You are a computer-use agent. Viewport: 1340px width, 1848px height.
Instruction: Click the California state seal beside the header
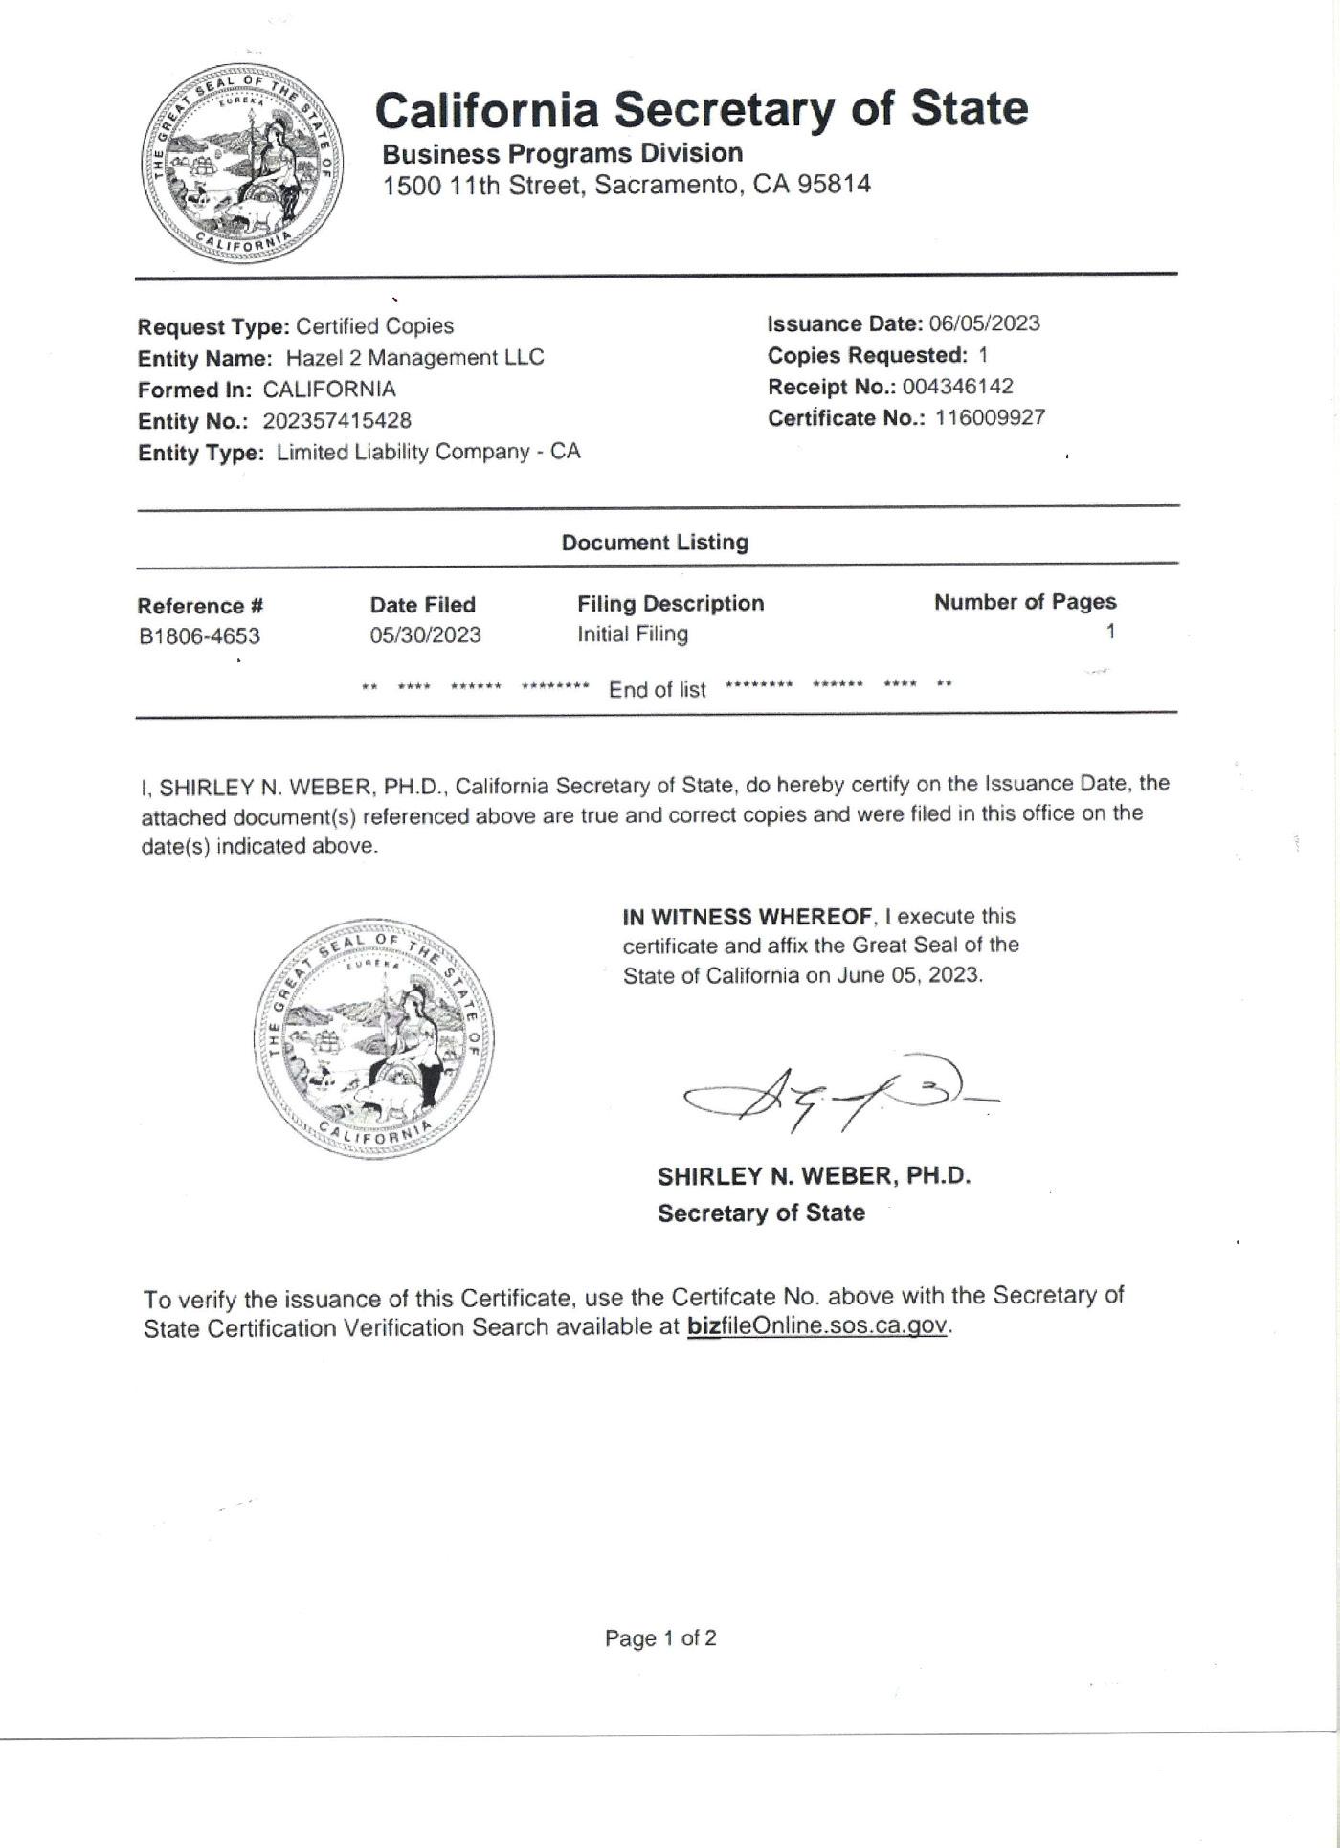point(241,165)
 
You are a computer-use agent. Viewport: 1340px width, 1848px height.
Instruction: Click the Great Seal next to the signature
point(374,1040)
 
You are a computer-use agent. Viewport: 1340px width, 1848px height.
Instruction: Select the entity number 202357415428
point(337,421)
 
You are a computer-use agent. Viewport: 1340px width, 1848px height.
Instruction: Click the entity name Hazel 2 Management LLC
point(415,358)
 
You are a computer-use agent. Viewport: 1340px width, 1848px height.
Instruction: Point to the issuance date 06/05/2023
point(984,323)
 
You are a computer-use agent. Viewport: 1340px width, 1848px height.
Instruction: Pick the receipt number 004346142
point(957,387)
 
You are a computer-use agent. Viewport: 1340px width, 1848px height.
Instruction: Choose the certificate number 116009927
point(990,418)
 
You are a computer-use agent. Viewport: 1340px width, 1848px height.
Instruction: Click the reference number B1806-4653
point(199,636)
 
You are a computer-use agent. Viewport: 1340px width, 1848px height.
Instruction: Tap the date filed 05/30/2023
point(425,635)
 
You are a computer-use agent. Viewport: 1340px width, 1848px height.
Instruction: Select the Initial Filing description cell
point(632,635)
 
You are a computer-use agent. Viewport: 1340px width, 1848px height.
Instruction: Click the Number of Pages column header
point(1025,602)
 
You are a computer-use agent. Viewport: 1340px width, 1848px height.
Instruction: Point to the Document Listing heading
point(655,543)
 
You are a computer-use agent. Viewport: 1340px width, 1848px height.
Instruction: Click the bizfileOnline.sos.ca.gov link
point(816,1326)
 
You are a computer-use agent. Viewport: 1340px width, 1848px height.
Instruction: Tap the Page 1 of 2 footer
point(660,1638)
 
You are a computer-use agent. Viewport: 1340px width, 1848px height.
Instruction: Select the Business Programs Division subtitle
point(562,154)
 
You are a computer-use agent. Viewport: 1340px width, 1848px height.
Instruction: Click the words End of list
point(657,690)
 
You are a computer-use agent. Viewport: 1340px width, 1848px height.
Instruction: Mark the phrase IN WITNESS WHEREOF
point(748,917)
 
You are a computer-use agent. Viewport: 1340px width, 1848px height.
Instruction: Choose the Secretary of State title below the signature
point(761,1213)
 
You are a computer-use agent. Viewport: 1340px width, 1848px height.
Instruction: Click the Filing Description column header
point(670,604)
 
